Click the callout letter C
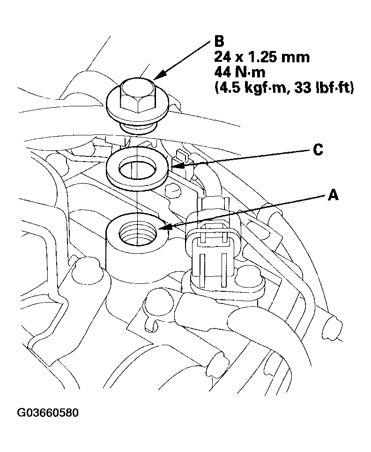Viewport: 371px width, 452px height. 318,149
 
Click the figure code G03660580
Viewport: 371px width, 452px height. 48,413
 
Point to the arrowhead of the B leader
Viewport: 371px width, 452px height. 157,77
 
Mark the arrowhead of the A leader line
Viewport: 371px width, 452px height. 162,229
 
